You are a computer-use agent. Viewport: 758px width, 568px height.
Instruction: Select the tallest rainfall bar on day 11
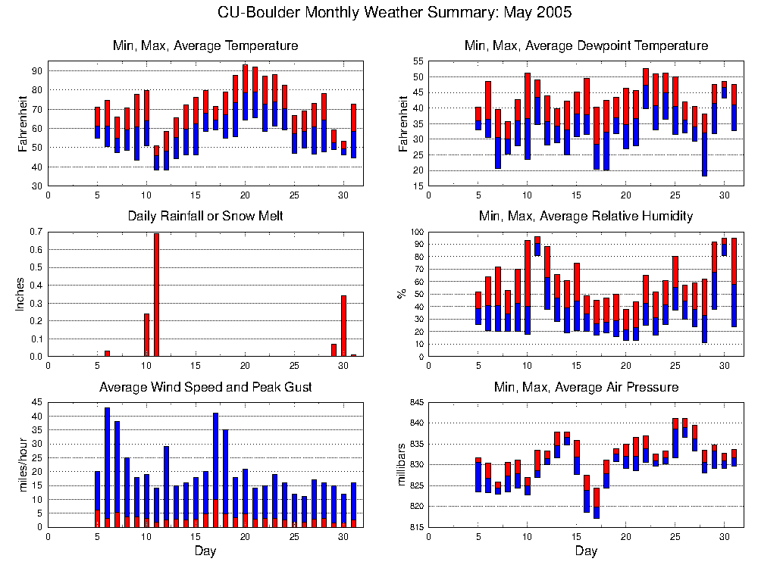[156, 295]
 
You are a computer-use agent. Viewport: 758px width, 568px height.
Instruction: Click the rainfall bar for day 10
[146, 335]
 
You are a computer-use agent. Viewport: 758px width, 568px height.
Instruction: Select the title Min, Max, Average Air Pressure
[586, 388]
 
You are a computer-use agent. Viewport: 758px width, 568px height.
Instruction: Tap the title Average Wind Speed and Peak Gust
[205, 388]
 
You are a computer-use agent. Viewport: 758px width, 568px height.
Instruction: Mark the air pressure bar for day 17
[597, 503]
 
